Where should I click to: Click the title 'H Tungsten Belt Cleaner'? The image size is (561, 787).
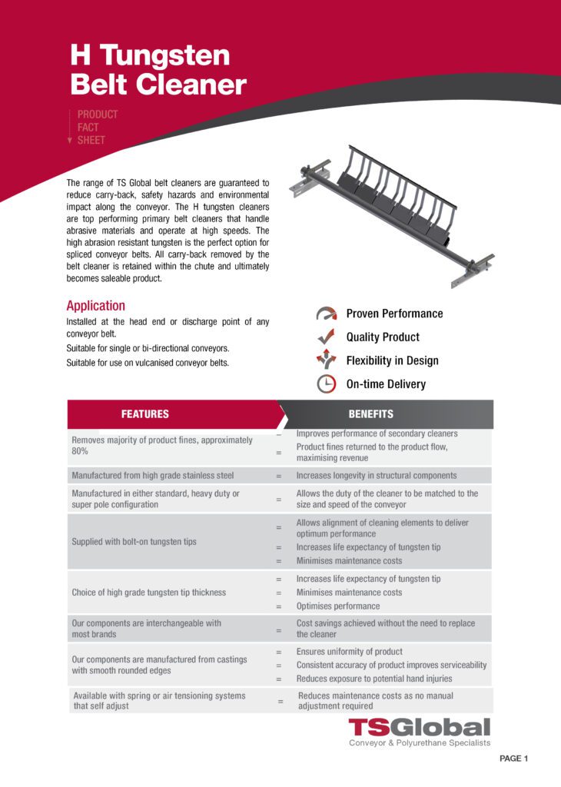tap(158, 69)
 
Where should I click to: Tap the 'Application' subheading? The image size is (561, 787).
tap(95, 305)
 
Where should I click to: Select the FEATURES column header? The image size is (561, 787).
tap(144, 414)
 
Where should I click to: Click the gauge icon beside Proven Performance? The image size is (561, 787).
tap(326, 314)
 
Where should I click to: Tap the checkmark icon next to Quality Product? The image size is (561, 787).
tap(326, 337)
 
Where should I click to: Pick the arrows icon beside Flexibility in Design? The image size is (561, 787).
tap(326, 360)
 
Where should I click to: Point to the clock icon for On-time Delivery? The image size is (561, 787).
tap(326, 384)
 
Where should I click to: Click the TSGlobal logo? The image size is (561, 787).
tap(419, 727)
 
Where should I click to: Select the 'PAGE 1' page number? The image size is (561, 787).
tap(513, 759)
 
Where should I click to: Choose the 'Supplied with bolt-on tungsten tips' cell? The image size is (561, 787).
tap(134, 542)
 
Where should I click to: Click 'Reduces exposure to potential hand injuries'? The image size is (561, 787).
tap(374, 679)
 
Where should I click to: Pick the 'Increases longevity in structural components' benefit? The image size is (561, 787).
tap(377, 476)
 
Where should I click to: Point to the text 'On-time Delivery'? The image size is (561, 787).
tap(386, 384)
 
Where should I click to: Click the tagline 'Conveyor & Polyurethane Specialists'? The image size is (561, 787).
tap(419, 744)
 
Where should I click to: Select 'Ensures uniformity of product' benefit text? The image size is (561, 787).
tap(350, 652)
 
